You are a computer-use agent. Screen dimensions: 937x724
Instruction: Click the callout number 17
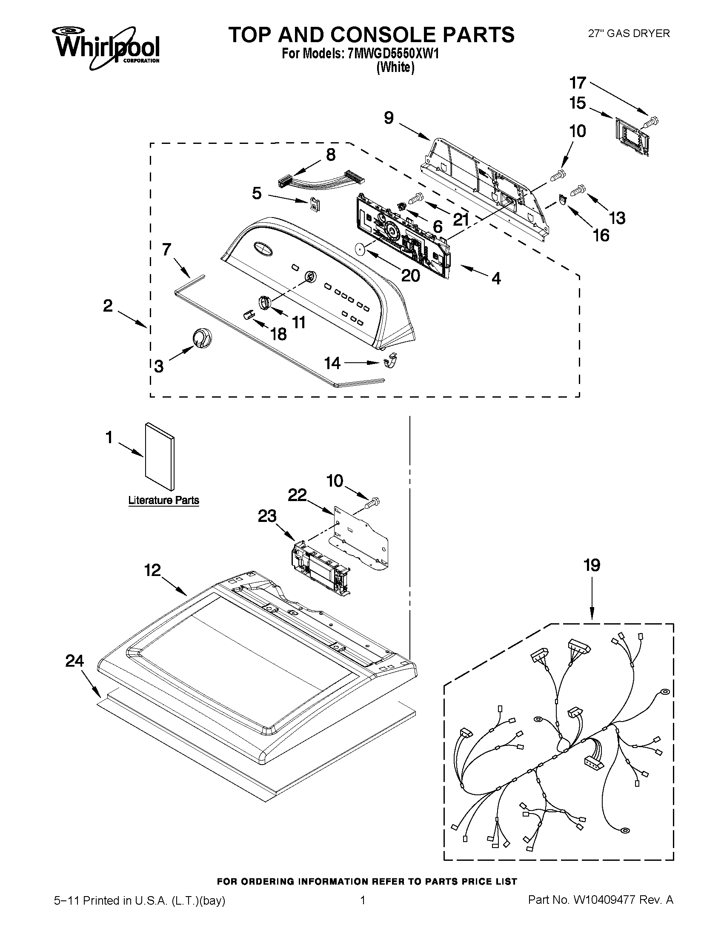(577, 83)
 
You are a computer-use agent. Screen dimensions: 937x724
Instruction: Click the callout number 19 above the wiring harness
(592, 565)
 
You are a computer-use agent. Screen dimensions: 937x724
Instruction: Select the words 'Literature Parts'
(164, 500)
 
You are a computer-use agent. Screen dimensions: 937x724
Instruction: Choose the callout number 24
(74, 661)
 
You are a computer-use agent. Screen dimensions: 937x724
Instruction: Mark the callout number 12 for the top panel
(152, 570)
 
